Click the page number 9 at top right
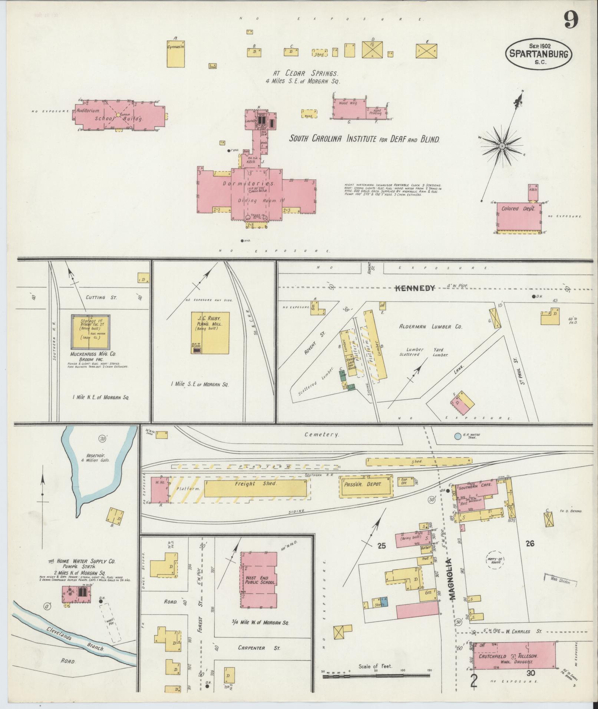[x=571, y=20]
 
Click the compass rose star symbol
[x=502, y=146]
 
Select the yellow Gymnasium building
[x=176, y=54]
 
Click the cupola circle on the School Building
[x=118, y=115]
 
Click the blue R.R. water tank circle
[x=457, y=436]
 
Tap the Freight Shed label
[x=255, y=483]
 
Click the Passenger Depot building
[x=366, y=484]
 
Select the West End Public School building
[x=258, y=580]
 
